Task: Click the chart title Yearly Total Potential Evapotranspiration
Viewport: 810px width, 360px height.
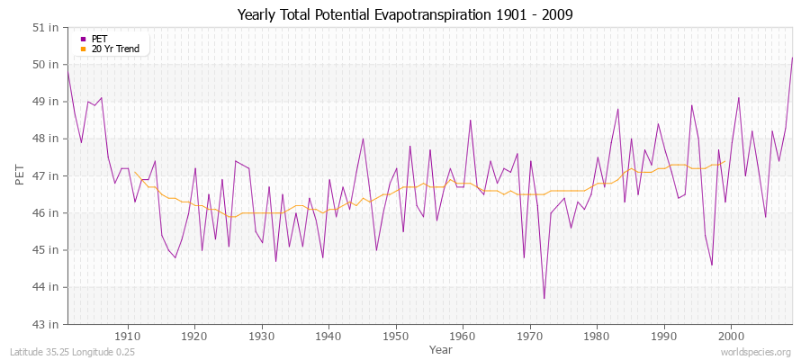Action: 404,14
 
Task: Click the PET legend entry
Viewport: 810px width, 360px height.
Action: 99,39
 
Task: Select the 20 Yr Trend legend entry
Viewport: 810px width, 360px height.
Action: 115,49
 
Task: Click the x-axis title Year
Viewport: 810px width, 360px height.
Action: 441,348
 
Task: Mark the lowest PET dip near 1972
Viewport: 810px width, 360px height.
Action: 544,298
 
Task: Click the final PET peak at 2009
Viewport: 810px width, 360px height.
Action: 792,58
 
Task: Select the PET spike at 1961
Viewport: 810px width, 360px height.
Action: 470,121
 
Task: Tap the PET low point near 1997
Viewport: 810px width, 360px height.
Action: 712,265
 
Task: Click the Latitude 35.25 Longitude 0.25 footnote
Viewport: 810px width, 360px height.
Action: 72,352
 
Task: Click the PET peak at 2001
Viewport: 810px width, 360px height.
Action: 738,98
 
